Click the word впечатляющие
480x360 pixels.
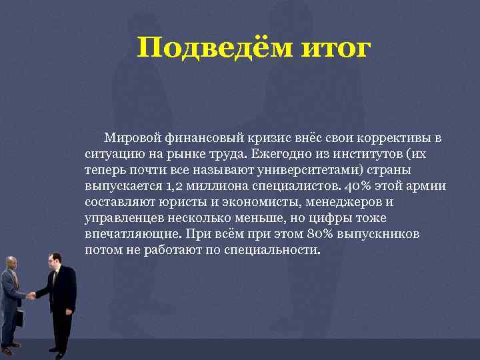(127, 235)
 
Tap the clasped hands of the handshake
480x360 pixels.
(31, 295)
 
